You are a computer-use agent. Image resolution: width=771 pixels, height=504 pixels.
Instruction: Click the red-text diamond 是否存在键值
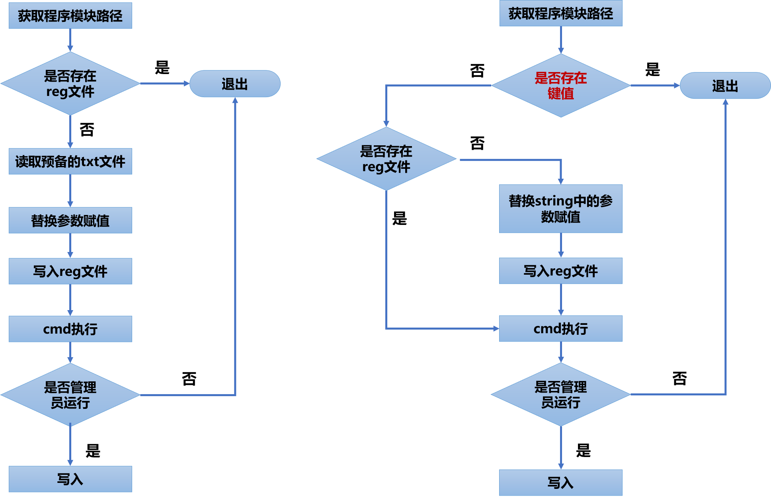560,86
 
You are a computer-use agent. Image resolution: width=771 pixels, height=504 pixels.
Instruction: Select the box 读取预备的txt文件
70,162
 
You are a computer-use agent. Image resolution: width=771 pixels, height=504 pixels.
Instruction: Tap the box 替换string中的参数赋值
560,209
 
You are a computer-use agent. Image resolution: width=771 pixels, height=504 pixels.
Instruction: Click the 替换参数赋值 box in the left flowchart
70,220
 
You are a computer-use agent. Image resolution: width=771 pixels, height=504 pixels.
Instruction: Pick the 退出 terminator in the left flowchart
235,84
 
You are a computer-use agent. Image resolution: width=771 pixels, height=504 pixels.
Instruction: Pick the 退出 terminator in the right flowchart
725,86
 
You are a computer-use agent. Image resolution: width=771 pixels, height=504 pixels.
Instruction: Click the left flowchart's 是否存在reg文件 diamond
70,84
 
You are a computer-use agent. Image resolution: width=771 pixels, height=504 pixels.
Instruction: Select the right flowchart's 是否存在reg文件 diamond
386,159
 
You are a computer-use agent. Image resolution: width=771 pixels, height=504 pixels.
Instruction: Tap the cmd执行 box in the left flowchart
70,329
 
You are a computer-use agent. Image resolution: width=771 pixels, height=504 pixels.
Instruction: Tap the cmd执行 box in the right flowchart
560,328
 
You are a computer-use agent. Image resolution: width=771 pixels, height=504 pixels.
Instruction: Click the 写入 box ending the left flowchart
70,479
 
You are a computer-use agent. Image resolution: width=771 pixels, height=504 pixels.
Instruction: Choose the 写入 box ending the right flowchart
560,483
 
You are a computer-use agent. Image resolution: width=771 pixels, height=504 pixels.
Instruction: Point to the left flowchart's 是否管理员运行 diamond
70,395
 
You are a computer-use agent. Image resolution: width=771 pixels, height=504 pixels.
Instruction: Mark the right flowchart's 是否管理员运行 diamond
560,395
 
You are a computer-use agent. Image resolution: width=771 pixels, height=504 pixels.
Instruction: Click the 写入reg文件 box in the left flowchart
70,271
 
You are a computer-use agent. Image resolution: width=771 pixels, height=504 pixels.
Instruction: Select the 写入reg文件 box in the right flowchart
560,271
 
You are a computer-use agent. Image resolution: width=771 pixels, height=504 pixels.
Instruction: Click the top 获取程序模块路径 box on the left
70,16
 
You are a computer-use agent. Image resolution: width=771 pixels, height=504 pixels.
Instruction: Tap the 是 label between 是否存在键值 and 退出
652,70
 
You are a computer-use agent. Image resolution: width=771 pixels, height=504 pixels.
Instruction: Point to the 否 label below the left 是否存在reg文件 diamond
87,130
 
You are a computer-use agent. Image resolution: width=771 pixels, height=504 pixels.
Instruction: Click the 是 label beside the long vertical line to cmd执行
399,219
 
